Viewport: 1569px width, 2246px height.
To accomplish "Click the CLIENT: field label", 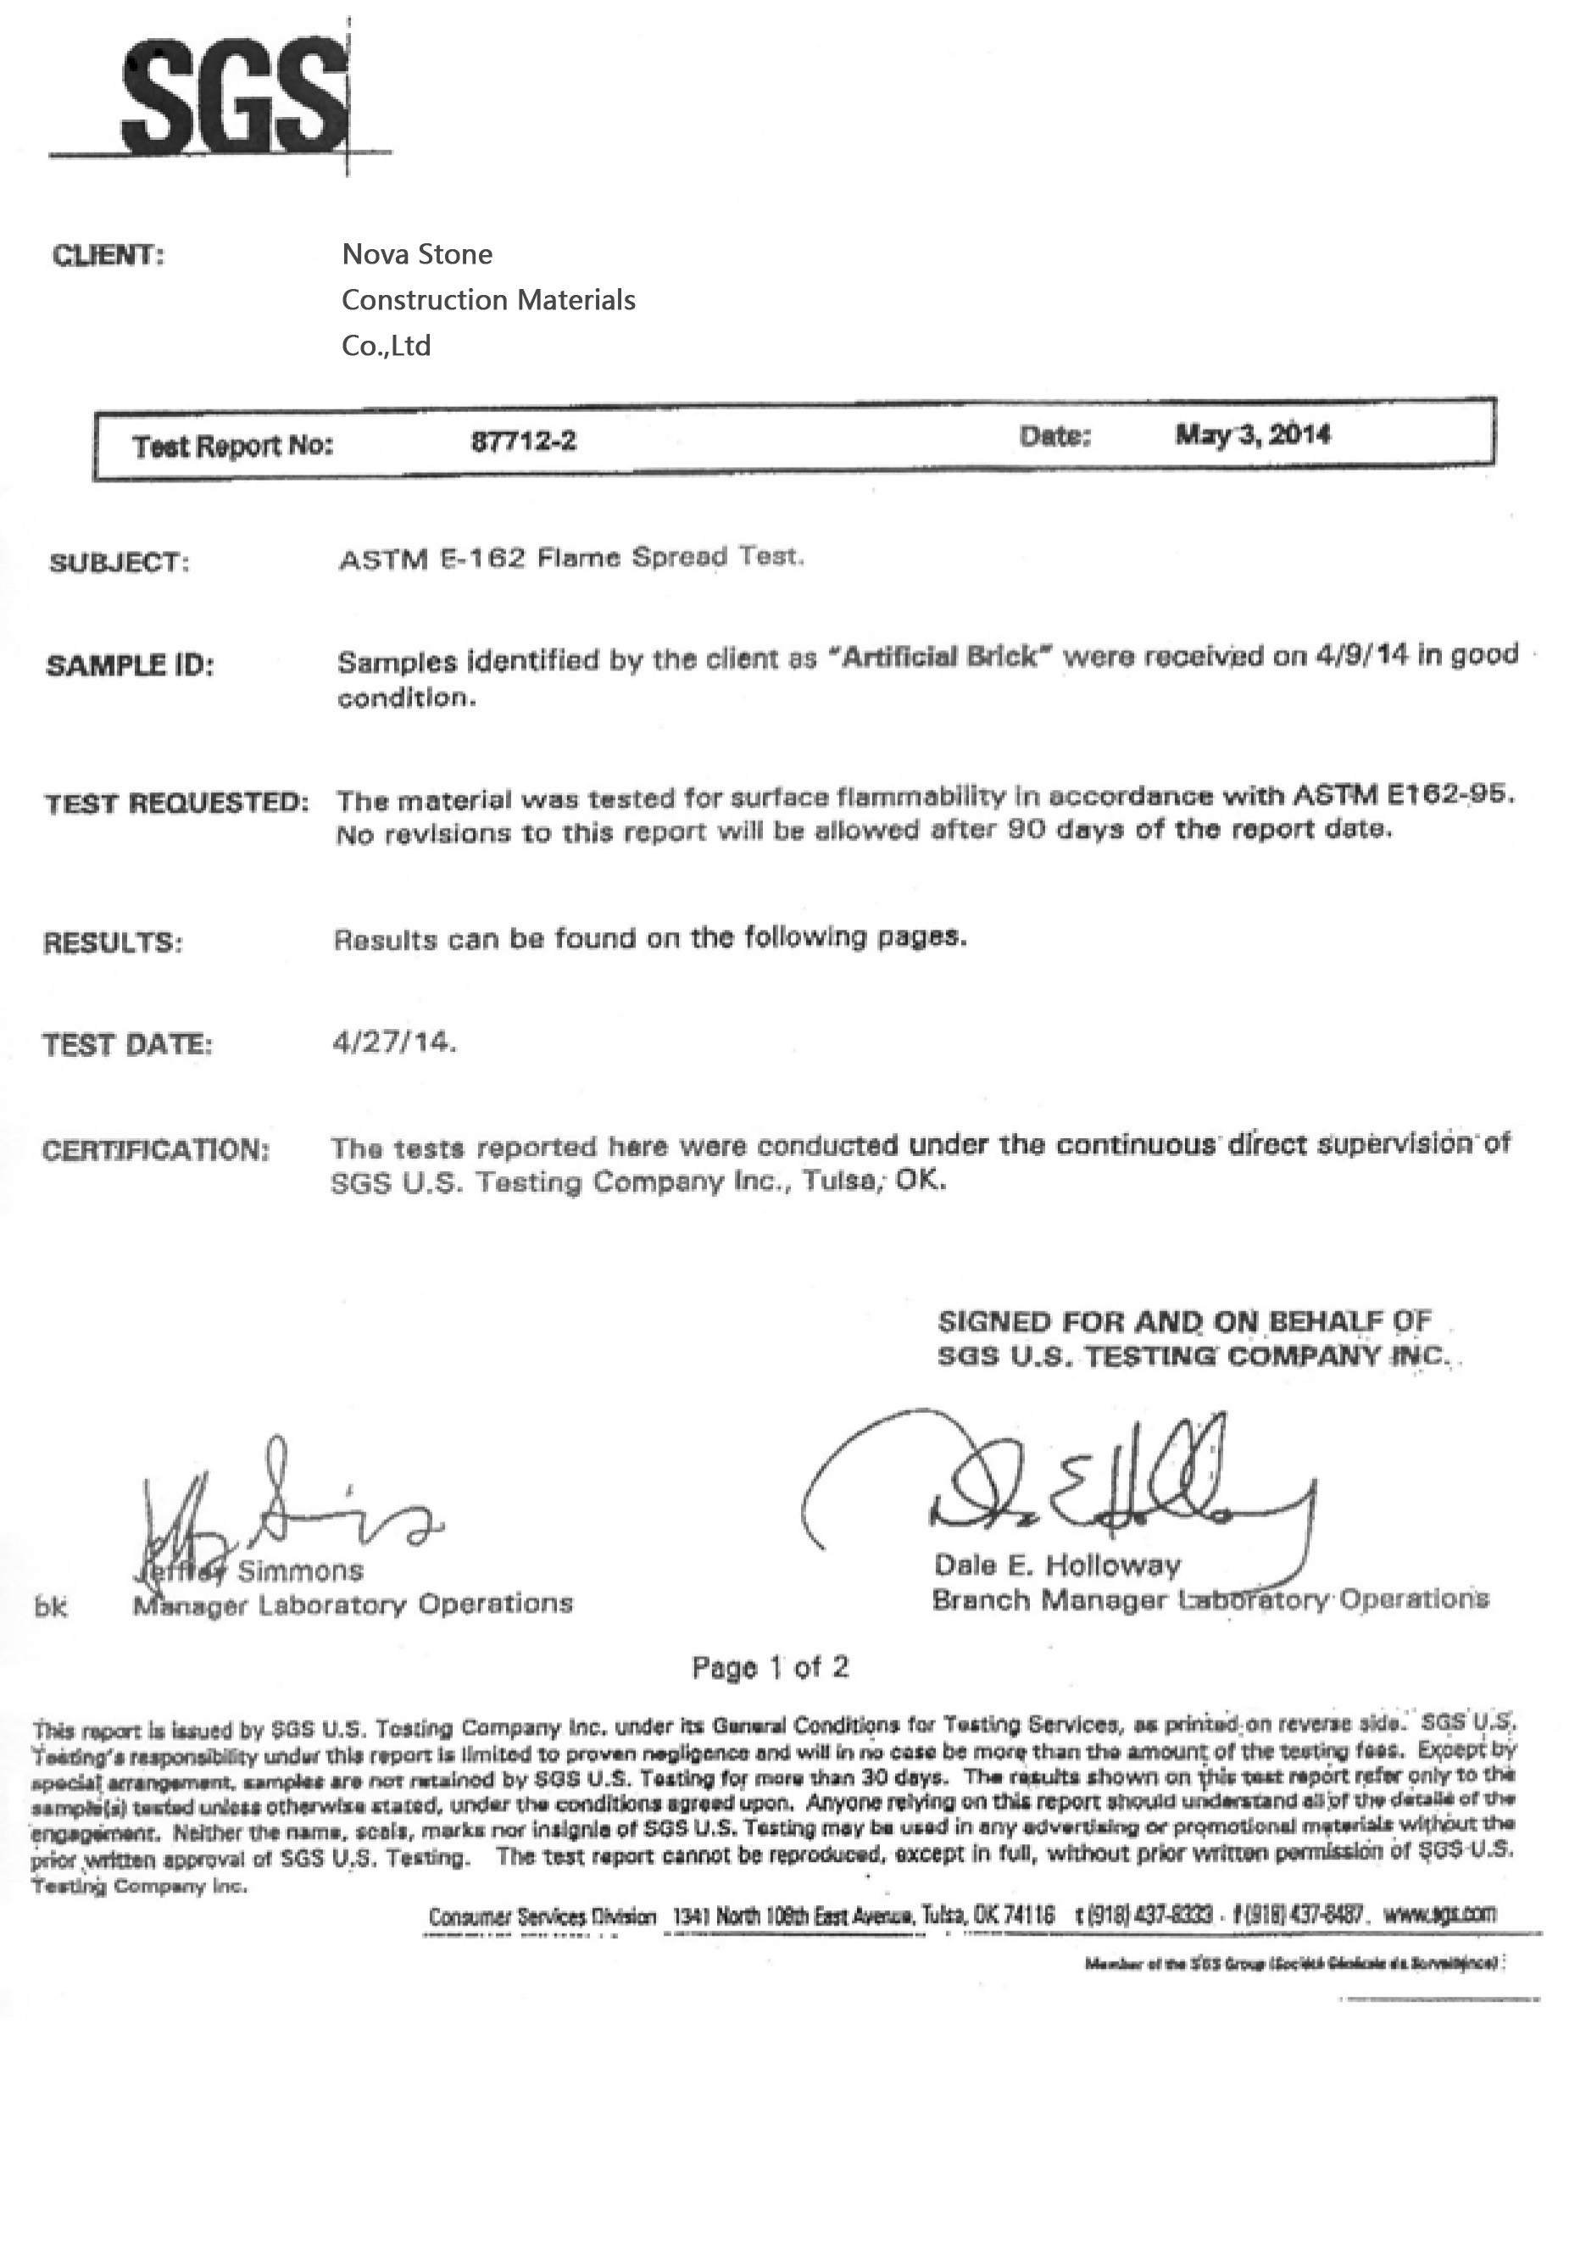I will coord(108,256).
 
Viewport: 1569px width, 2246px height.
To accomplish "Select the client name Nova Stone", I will coord(417,254).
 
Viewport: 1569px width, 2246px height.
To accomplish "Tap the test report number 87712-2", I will coord(523,442).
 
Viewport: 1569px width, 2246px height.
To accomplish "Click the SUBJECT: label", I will coord(117,564).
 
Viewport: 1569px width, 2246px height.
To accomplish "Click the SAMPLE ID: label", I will coord(129,666).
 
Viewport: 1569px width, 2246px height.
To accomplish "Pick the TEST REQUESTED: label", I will coord(176,804).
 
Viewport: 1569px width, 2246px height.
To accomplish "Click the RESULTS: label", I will coord(113,943).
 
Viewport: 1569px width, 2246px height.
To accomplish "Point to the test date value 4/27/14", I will coord(394,1042).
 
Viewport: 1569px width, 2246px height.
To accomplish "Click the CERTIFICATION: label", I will coord(154,1149).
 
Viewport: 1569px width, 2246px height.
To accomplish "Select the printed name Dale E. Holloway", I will coord(1056,1565).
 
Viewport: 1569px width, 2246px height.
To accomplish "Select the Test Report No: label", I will coord(233,446).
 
